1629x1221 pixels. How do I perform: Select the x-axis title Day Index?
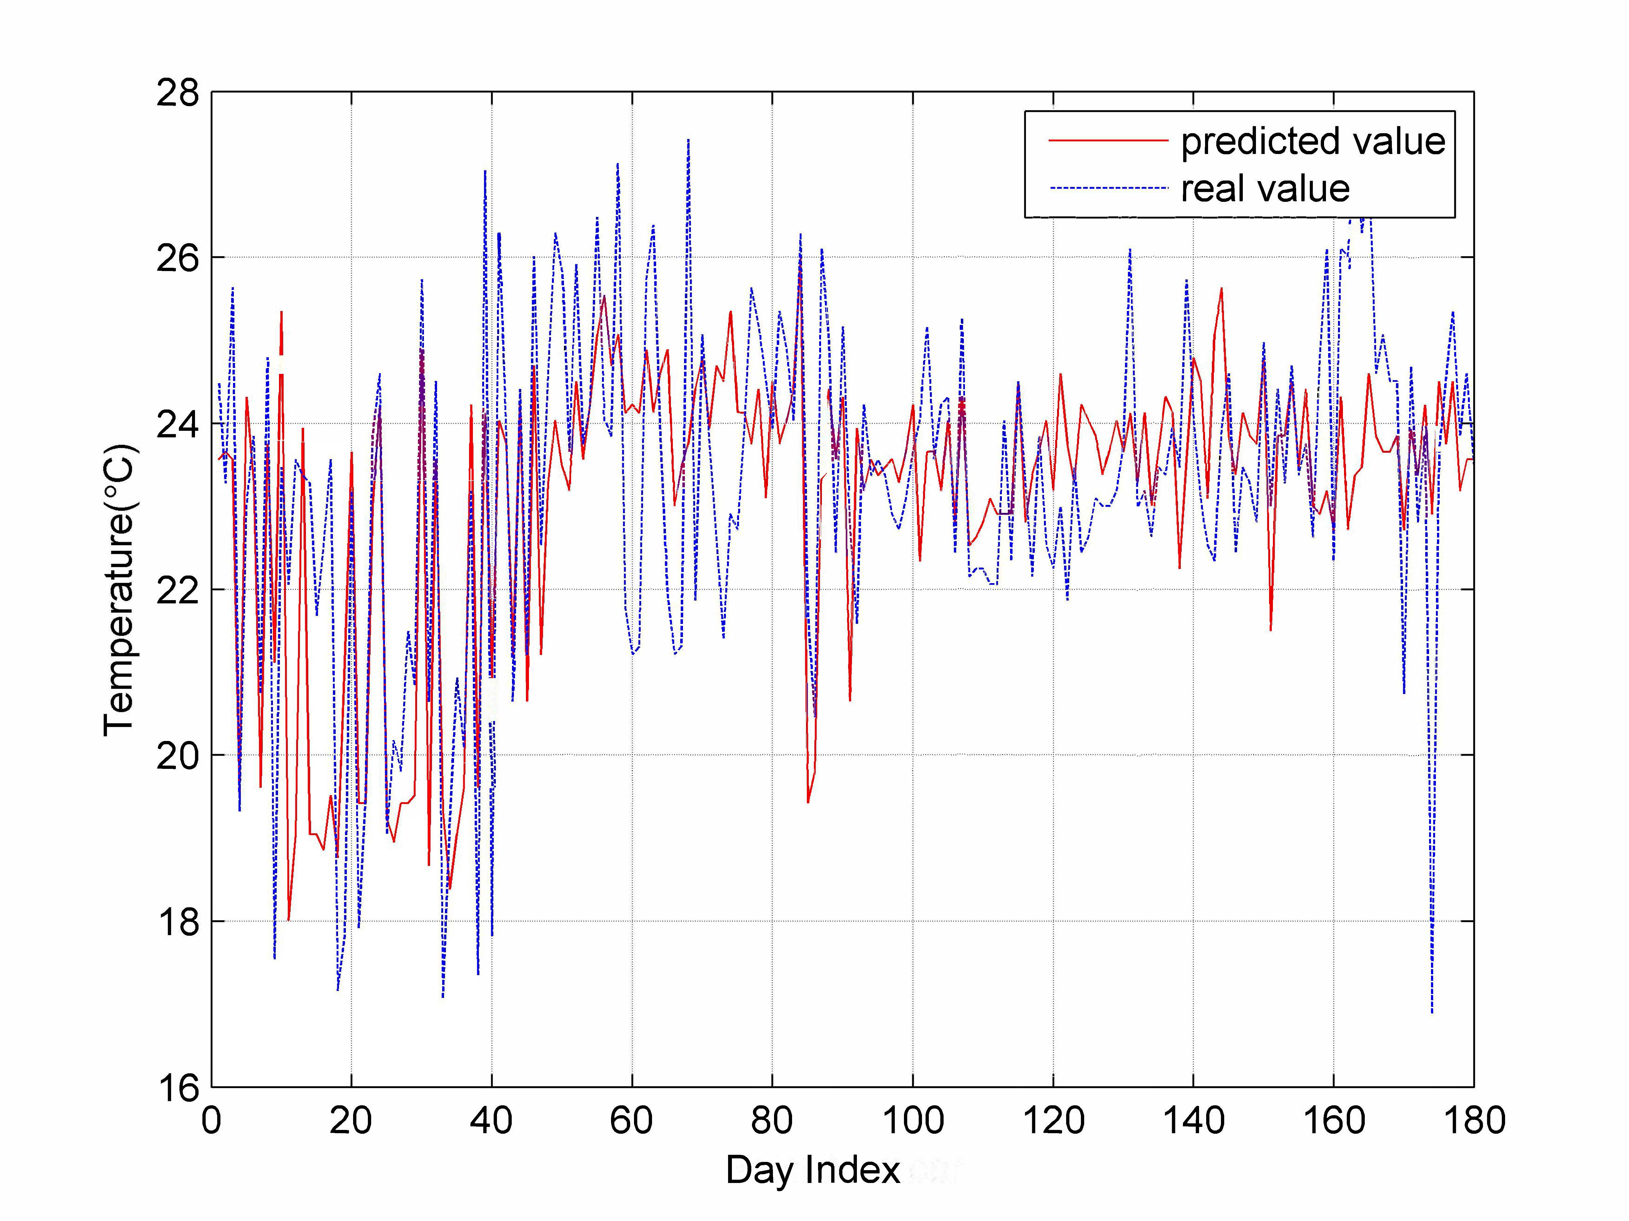click(812, 1169)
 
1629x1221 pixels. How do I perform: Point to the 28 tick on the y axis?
click(178, 94)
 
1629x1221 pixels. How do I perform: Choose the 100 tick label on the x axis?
click(912, 1121)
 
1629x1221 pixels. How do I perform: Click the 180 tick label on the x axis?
click(1474, 1121)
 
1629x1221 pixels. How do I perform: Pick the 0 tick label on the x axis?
click(211, 1121)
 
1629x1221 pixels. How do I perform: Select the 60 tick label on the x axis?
click(632, 1121)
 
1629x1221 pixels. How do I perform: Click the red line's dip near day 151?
click(1270, 630)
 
